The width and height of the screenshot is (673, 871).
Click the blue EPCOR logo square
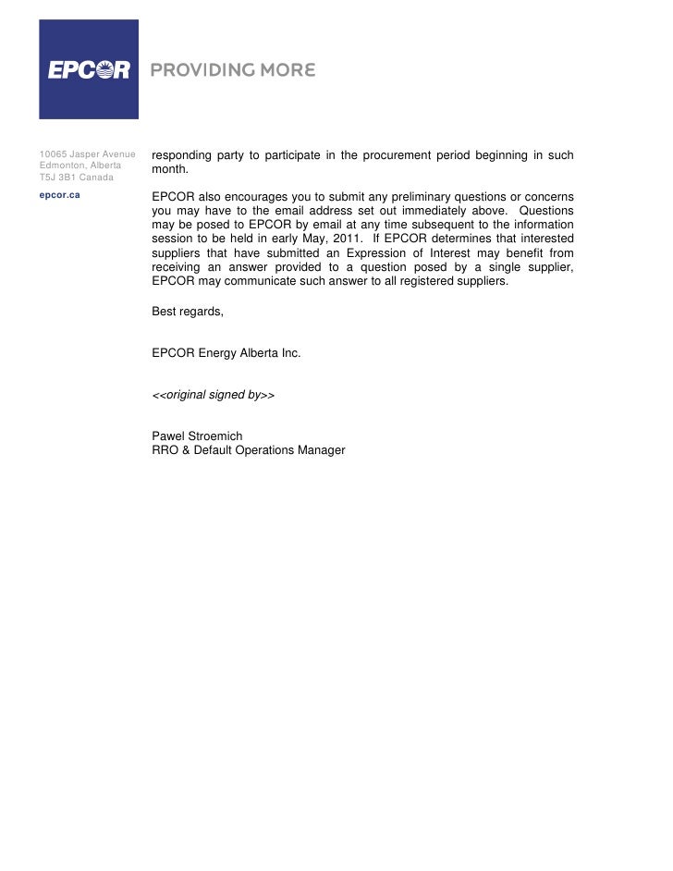[x=89, y=69]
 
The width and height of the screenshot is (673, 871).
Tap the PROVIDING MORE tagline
[x=232, y=70]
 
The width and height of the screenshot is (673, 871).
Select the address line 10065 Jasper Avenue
[x=88, y=153]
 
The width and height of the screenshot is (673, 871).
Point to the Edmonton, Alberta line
[x=80, y=165]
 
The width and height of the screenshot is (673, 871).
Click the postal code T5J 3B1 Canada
[x=76, y=177]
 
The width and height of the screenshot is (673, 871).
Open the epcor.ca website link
[x=59, y=195]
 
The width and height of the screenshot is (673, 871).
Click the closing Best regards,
[x=187, y=312]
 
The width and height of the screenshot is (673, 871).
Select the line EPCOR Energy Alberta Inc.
[x=226, y=353]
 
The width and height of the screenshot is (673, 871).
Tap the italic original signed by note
[x=214, y=395]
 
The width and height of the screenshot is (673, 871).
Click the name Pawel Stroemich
[x=197, y=436]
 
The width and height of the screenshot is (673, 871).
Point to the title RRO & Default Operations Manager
[x=248, y=450]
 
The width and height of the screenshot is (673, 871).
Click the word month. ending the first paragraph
[x=169, y=171]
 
